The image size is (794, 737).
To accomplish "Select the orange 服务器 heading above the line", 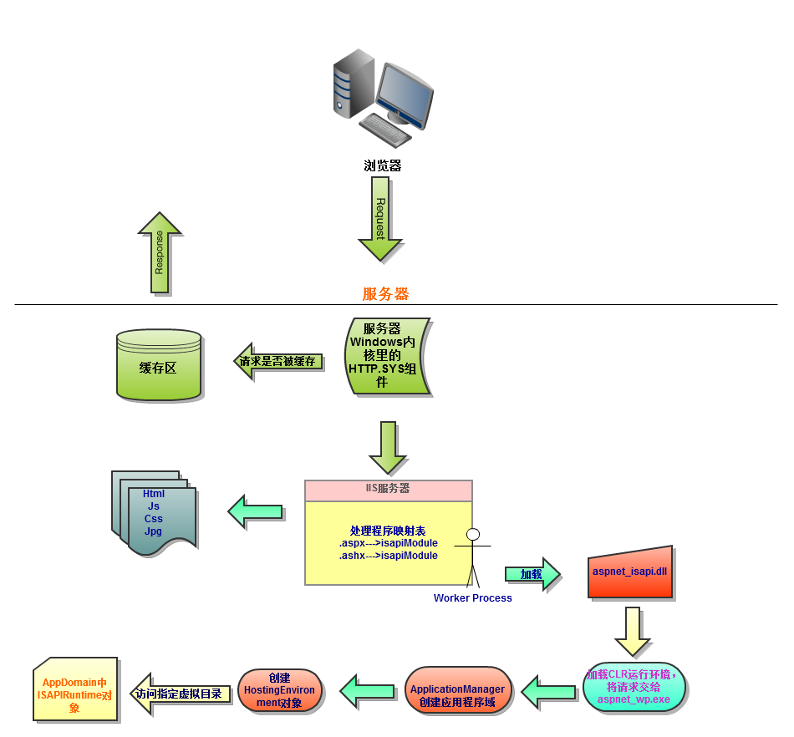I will pos(385,294).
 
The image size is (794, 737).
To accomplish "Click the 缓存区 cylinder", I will pos(158,365).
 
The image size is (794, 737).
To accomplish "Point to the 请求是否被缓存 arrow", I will pos(277,362).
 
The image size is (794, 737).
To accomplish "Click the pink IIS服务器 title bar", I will pos(388,490).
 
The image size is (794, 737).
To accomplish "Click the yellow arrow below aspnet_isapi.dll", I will pos(633,631).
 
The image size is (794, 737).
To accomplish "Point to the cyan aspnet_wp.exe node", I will pos(634,687).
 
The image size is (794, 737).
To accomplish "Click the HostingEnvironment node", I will pos(280,690).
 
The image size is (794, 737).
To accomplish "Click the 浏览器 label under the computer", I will pos(383,165).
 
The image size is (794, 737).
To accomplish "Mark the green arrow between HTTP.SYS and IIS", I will pos(388,447).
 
